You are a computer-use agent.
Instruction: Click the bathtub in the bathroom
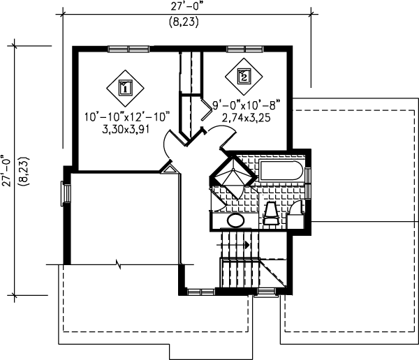pos(282,172)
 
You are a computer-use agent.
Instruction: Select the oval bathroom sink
pos(236,221)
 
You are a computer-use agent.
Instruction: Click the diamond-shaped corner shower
pos(232,174)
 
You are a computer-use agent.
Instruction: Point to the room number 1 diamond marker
pos(125,87)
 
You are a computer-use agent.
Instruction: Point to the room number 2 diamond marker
pos(243,76)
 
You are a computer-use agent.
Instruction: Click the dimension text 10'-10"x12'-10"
pos(128,117)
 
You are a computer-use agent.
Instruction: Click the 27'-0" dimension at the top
pos(184,7)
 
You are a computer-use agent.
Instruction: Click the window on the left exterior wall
pos(65,193)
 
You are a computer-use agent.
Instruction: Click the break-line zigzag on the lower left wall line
pos(118,264)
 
